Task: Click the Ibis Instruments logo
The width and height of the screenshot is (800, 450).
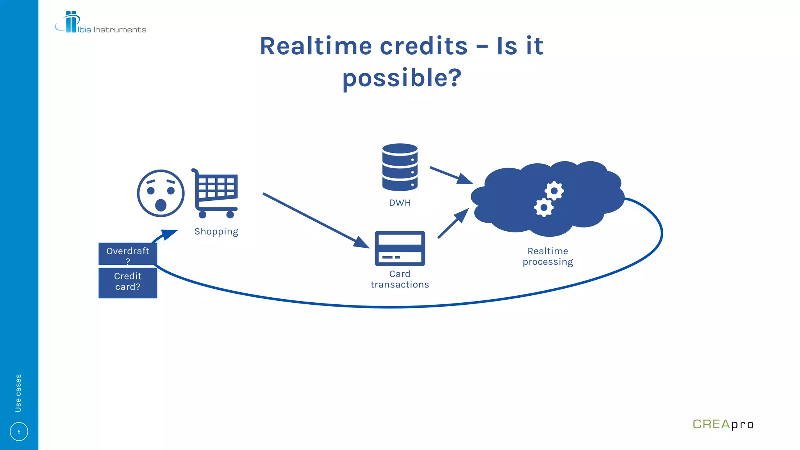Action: pos(100,23)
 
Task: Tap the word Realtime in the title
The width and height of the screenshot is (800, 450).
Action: pos(316,46)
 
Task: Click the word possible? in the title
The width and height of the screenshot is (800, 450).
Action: pos(402,78)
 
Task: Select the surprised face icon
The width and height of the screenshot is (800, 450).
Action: pos(161,193)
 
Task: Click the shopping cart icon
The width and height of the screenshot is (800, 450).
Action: pos(215,193)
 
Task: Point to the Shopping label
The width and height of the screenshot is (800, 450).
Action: pos(216,232)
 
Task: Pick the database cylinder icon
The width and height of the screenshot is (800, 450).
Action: pos(400,167)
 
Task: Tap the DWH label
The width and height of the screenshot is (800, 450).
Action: pos(400,203)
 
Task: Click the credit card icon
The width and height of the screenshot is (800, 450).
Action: pos(400,248)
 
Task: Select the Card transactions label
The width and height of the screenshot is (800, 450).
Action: pos(400,279)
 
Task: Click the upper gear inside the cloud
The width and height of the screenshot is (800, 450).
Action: pos(554,191)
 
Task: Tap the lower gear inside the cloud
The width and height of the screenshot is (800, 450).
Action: pos(544,207)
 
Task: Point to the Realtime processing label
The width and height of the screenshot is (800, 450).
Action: pos(548,257)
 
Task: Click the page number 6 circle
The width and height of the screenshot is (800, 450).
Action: pos(19,432)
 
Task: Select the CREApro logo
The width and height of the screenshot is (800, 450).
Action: pos(723,424)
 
